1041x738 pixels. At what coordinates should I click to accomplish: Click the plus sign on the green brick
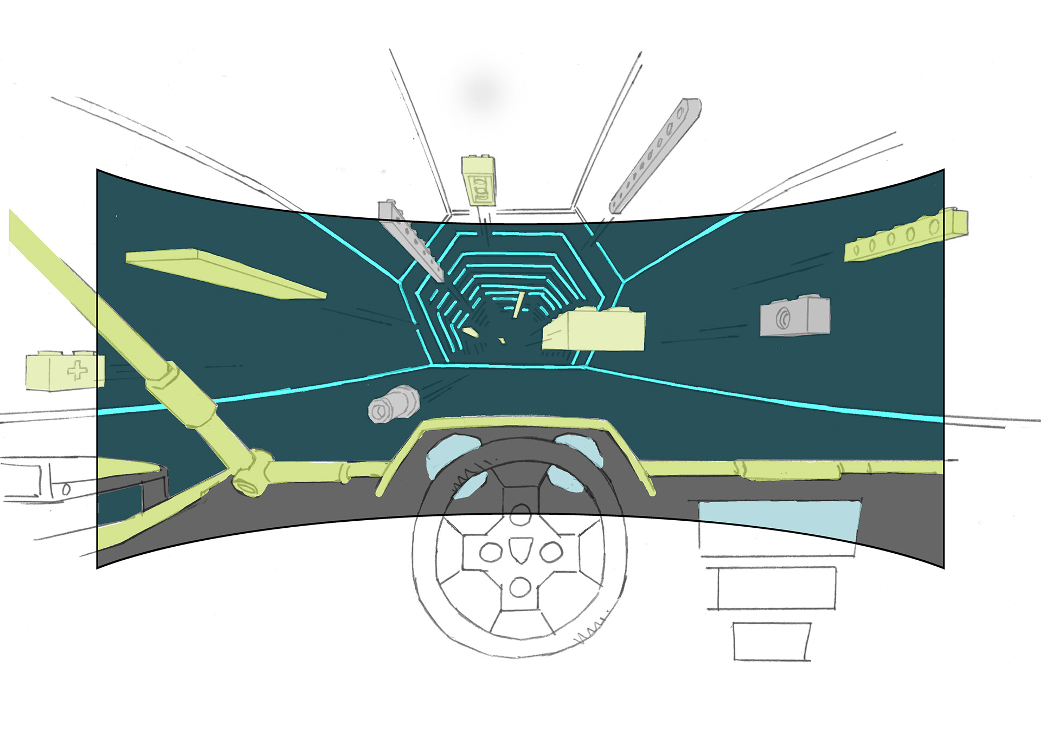[x=77, y=371]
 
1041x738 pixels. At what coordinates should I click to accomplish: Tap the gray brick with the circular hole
[x=794, y=316]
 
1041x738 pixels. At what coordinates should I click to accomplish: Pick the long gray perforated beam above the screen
[x=656, y=156]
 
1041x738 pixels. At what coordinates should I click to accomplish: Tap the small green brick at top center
[x=479, y=181]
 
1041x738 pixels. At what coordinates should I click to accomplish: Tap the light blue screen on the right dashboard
[x=779, y=520]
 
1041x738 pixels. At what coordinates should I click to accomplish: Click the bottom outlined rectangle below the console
[x=772, y=642]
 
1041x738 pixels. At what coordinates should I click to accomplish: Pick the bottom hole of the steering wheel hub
[x=520, y=587]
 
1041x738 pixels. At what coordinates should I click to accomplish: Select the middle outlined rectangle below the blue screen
[x=776, y=588]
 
